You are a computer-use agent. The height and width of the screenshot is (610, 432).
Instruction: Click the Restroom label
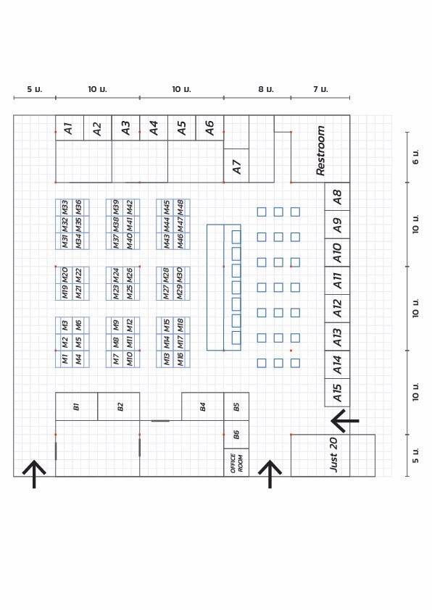320,150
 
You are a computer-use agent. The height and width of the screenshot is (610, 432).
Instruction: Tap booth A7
236,166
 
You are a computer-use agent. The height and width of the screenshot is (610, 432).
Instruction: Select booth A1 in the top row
70,128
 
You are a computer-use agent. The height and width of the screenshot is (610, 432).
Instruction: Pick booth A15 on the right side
338,393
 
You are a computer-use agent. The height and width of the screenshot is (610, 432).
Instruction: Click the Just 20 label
333,454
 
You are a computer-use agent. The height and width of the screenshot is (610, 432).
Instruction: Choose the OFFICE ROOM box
236,462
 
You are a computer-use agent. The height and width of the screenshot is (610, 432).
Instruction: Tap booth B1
77,406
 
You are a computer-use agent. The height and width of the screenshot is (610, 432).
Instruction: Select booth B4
203,406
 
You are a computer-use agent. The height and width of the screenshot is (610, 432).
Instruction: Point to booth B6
236,435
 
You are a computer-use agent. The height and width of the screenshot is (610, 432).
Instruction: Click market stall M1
65,359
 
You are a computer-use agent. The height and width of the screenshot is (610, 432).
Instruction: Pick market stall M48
180,207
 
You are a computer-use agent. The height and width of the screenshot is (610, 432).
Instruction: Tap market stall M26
130,275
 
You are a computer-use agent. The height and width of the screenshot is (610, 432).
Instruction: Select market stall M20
65,275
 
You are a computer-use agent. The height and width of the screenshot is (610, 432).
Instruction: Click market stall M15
167,325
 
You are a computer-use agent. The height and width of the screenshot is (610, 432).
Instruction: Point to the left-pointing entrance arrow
345,420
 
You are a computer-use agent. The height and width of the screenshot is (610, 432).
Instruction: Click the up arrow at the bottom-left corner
34,475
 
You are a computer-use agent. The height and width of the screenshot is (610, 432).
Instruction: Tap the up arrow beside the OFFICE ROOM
270,475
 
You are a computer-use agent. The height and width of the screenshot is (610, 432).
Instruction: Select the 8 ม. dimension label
266,89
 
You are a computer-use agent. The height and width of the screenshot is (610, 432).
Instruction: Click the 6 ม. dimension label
415,156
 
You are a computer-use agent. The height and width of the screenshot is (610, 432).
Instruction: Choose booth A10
338,253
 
